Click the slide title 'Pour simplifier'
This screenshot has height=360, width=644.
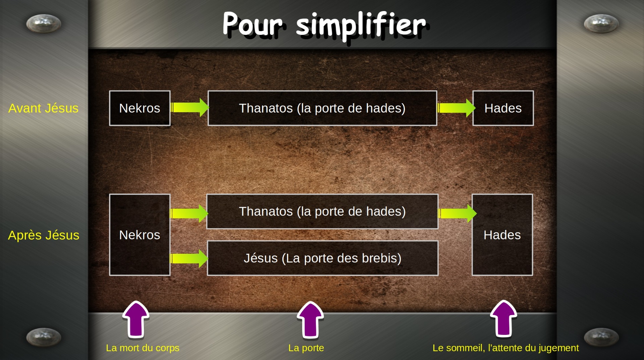pyautogui.click(x=324, y=25)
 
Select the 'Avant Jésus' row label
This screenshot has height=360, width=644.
pyautogui.click(x=43, y=108)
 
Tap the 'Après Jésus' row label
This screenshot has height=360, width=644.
pyautogui.click(x=44, y=235)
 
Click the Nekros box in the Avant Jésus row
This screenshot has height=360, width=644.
pyautogui.click(x=140, y=108)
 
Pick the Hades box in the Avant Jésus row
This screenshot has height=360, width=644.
pyautogui.click(x=503, y=108)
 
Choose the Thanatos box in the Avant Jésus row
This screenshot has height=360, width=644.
pyautogui.click(x=322, y=108)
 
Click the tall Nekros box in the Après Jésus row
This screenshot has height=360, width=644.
pyautogui.click(x=140, y=235)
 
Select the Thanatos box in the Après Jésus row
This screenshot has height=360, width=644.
pyautogui.click(x=322, y=212)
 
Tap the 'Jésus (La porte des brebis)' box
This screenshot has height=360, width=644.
pyautogui.click(x=322, y=258)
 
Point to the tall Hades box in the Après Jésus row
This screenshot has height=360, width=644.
pyautogui.click(x=502, y=235)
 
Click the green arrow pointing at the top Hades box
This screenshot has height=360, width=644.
pyautogui.click(x=457, y=108)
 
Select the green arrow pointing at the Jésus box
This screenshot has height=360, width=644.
pyautogui.click(x=189, y=258)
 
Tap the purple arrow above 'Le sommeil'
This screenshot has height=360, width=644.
pyautogui.click(x=503, y=319)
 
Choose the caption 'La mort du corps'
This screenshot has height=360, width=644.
pyautogui.click(x=143, y=348)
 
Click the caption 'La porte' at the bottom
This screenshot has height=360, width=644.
pyautogui.click(x=306, y=348)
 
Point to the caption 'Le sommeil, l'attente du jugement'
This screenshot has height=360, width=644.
pyautogui.click(x=506, y=348)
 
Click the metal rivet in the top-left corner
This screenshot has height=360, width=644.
pyautogui.click(x=44, y=23)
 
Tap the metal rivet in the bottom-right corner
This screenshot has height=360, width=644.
pyautogui.click(x=601, y=337)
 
